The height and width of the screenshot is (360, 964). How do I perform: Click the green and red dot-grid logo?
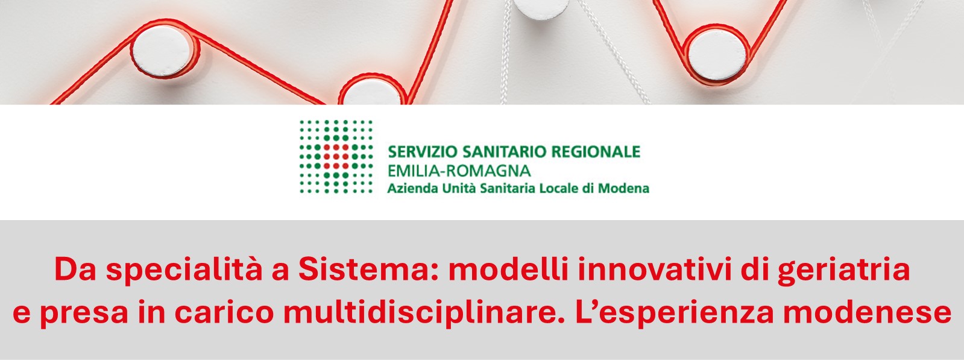click(336, 157)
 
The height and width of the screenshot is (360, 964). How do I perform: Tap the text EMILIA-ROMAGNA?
click(459, 170)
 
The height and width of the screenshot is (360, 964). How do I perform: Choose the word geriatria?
click(843, 271)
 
